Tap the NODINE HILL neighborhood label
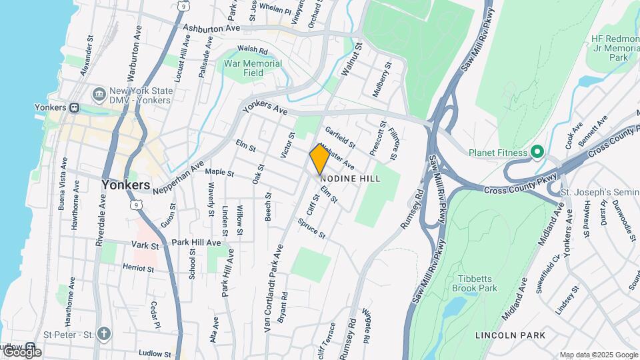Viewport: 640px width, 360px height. pyautogui.click(x=351, y=179)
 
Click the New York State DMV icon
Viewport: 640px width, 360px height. pyautogui.click(x=99, y=92)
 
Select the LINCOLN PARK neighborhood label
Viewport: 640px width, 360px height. pyautogui.click(x=511, y=335)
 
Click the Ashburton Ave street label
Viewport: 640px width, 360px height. pyautogui.click(x=211, y=29)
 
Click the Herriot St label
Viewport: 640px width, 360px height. pyautogui.click(x=138, y=268)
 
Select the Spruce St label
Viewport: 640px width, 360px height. pyautogui.click(x=311, y=229)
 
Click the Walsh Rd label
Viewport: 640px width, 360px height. pyautogui.click(x=252, y=49)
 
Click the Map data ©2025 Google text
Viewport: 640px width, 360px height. pyautogui.click(x=598, y=355)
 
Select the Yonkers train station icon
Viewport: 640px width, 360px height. pyautogui.click(x=75, y=107)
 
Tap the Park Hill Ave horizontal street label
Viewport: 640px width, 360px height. pyautogui.click(x=196, y=243)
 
